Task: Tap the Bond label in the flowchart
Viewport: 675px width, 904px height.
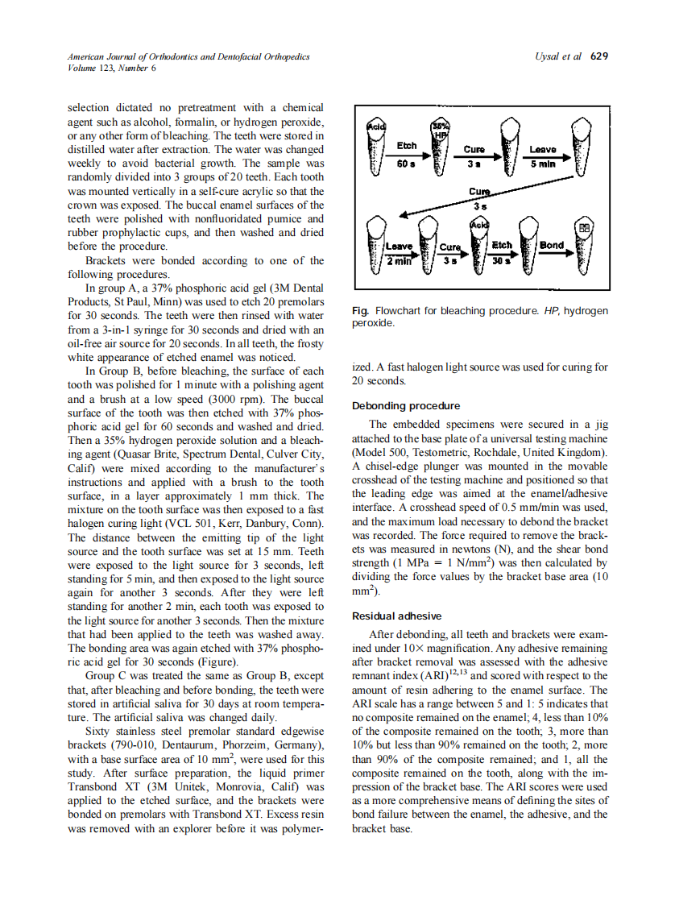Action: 552,245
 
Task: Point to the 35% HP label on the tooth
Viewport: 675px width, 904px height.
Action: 439,131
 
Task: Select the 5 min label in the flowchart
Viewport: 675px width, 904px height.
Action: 542,162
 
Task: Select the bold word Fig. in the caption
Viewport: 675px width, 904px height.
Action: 361,311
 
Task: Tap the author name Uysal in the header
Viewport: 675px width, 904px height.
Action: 547,57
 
